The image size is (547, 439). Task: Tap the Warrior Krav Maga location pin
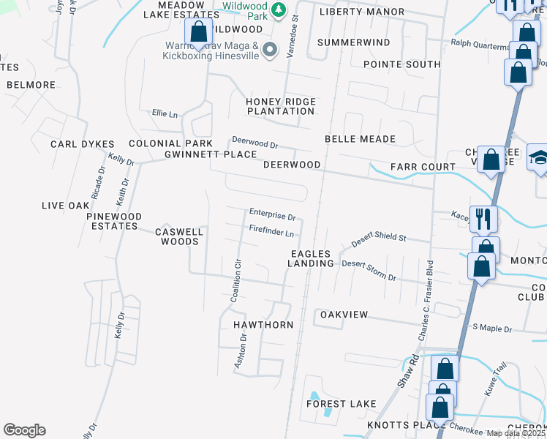[x=270, y=50]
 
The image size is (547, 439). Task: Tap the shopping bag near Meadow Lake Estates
[x=198, y=32]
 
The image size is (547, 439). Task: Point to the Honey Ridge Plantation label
[x=281, y=106]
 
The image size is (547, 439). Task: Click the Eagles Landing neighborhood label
[x=310, y=258]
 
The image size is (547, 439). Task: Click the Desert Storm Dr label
[x=369, y=270]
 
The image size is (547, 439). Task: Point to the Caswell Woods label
[x=179, y=236]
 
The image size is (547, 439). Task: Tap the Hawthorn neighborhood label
[x=263, y=324]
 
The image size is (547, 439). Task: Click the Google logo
[x=24, y=430]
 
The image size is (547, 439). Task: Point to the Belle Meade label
[x=360, y=139]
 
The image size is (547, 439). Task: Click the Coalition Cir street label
[x=235, y=281]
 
